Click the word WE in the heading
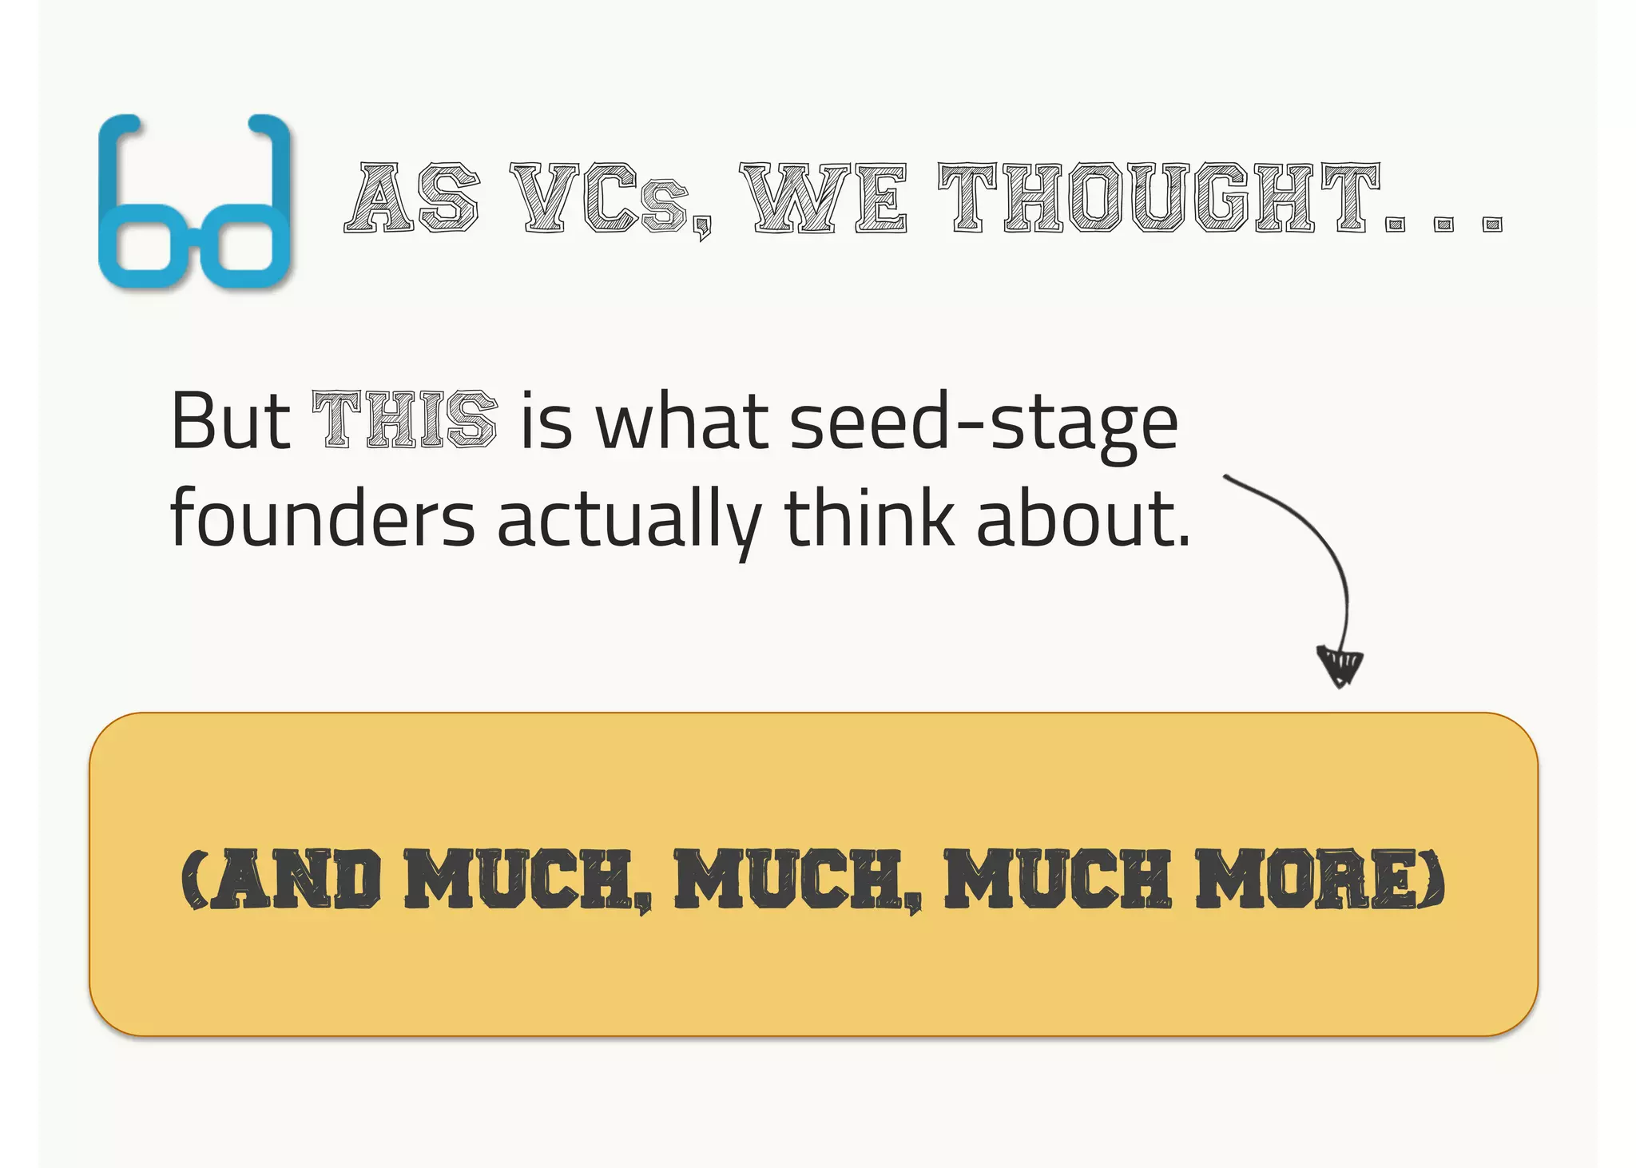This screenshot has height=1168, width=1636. pos(824,197)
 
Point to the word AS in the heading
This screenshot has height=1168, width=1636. pos(412,197)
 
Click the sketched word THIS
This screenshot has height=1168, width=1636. pos(404,420)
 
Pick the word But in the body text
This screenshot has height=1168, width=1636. pos(230,420)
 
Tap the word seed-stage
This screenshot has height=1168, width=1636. pos(983,423)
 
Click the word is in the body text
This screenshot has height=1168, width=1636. pos(547,422)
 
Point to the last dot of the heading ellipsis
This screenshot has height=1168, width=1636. pos(1491,224)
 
